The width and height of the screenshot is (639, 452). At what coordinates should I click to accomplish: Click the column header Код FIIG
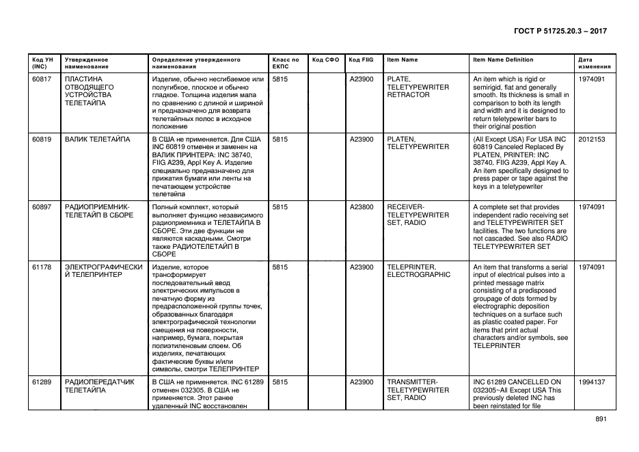pyautogui.click(x=361, y=59)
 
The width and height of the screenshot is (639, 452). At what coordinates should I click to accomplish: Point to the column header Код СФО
pyautogui.click(x=325, y=59)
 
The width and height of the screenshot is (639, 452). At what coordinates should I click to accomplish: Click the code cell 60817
pyautogui.click(x=42, y=79)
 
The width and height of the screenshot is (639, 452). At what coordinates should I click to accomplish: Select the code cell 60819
pyautogui.click(x=42, y=139)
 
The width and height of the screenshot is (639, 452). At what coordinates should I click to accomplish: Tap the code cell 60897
pyautogui.click(x=42, y=207)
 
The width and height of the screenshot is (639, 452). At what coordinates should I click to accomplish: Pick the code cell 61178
pyautogui.click(x=42, y=267)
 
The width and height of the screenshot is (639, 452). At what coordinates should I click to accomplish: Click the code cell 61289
pyautogui.click(x=42, y=382)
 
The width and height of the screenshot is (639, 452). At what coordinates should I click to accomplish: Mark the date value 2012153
pyautogui.click(x=591, y=139)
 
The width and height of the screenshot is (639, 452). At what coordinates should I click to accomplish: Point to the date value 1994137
pyautogui.click(x=591, y=382)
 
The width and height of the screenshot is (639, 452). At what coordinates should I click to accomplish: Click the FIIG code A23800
pyautogui.click(x=362, y=207)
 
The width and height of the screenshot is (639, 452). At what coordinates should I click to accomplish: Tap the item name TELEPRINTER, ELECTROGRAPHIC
pyautogui.click(x=418, y=271)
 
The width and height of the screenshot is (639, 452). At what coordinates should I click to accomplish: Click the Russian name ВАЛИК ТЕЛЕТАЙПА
pyautogui.click(x=97, y=139)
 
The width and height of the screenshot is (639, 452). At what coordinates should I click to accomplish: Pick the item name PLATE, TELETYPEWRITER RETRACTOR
pyautogui.click(x=418, y=87)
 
